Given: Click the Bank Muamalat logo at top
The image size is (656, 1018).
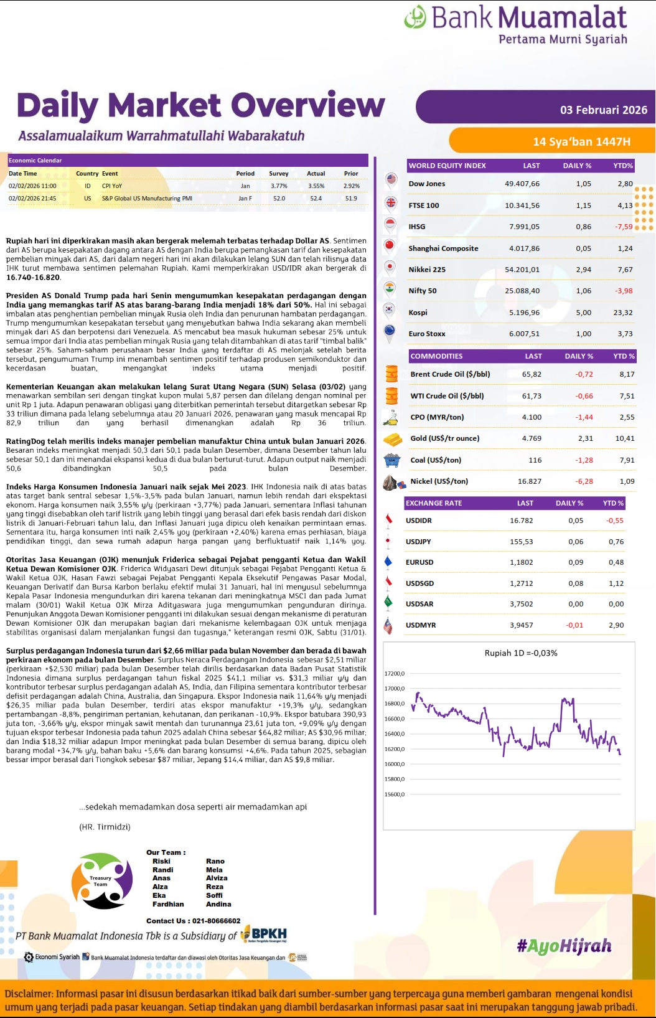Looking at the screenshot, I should click(515, 25).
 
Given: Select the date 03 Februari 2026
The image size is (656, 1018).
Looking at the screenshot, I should click(603, 110).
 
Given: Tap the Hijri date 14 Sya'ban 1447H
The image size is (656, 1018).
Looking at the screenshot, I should click(581, 142).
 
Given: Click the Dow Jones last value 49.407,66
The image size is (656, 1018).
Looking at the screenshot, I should click(522, 184).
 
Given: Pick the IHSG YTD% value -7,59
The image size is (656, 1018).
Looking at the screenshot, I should click(624, 227).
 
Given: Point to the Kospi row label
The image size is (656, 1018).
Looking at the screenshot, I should click(418, 313).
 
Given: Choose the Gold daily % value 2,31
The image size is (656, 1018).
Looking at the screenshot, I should click(585, 438).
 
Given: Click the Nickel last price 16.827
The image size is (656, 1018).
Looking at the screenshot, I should click(529, 481).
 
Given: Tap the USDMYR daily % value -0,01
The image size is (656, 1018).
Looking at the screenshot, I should click(574, 625).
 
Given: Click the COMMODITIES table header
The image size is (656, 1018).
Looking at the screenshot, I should click(436, 356).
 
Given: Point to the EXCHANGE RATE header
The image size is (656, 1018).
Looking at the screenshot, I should click(434, 503).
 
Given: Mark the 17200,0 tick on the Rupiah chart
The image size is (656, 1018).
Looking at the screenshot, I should click(395, 674).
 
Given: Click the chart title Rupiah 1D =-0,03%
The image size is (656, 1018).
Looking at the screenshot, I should click(521, 653).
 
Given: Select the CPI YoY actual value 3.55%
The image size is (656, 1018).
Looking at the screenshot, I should click(316, 186).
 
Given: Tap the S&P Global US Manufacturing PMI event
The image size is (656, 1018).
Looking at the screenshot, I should click(147, 199).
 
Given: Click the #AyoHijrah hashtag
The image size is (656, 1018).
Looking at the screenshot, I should click(564, 946).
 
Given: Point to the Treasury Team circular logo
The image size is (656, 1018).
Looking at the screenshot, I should click(102, 880).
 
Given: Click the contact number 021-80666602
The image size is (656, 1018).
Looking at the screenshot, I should click(216, 921).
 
